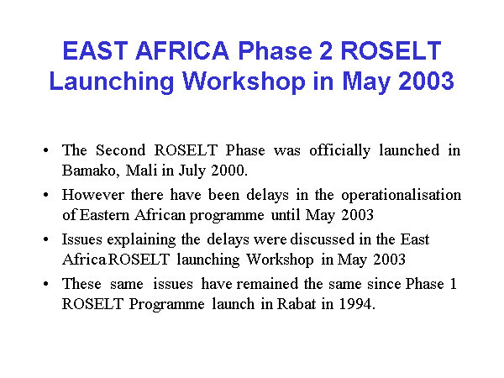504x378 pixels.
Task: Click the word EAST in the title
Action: [95, 50]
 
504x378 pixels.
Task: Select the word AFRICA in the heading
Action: [182, 50]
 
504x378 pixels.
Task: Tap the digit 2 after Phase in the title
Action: [326, 50]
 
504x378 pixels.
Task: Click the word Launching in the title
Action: [112, 81]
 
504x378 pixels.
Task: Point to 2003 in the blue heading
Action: [426, 81]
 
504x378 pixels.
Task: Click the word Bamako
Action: [91, 171]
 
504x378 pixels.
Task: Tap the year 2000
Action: [229, 170]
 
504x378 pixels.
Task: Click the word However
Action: [93, 195]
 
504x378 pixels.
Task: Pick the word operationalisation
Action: [402, 196]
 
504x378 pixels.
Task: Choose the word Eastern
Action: [104, 215]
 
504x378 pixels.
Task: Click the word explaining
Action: [141, 240]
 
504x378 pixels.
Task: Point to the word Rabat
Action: [297, 304]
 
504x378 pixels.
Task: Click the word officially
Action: [339, 151]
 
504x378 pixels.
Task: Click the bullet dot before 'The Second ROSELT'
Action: [46, 150]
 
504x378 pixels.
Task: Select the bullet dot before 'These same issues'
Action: [46, 284]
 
